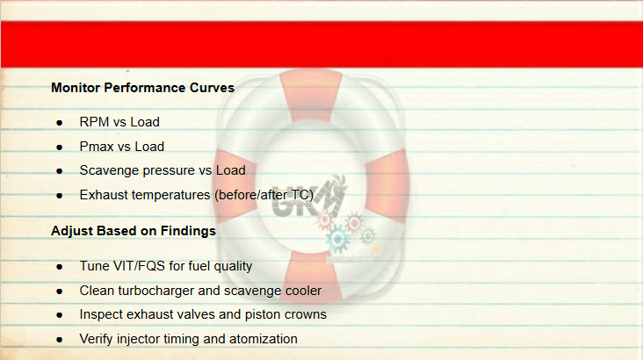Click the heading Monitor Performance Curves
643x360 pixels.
pos(142,88)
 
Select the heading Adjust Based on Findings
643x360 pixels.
pos(134,231)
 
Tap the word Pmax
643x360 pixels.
pos(96,147)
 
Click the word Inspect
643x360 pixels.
pos(101,314)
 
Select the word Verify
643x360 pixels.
pos(96,339)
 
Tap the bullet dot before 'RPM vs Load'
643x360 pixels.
pos(60,123)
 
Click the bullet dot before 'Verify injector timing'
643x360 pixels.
pos(60,340)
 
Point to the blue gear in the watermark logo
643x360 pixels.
pos(338,239)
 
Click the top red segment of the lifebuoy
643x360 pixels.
pos(311,94)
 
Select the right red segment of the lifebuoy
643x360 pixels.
pos(387,186)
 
